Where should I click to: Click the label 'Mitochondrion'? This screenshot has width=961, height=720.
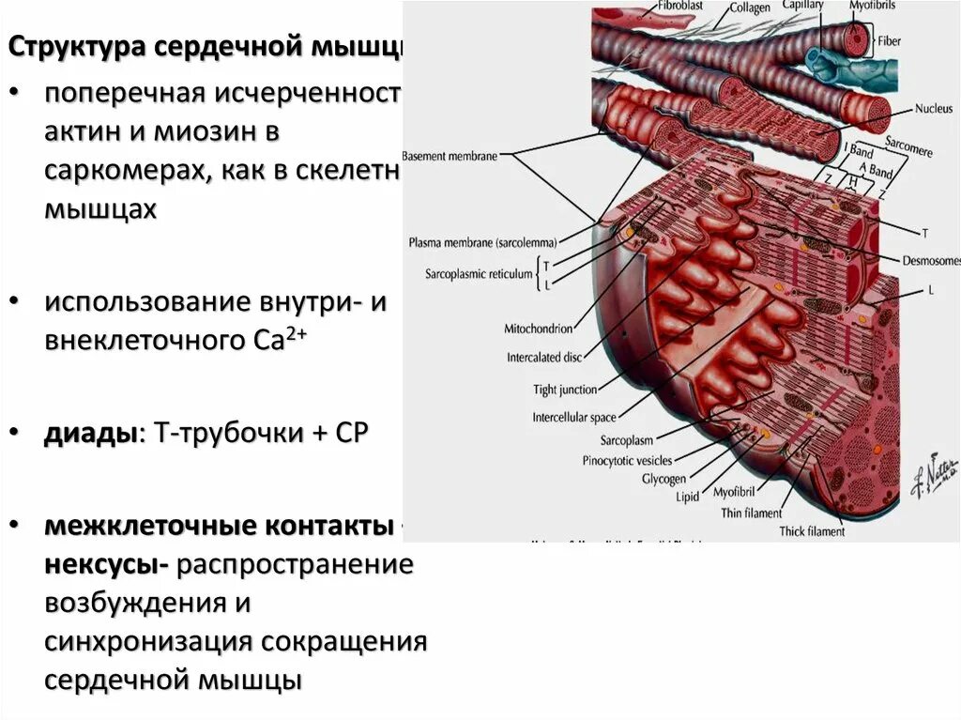pyautogui.click(x=539, y=329)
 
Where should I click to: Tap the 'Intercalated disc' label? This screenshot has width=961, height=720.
pyautogui.click(x=545, y=358)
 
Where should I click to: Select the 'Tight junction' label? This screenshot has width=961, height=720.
pyautogui.click(x=564, y=390)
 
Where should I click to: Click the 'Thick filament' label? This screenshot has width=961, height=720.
pyautogui.click(x=812, y=531)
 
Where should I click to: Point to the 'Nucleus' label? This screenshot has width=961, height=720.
pyautogui.click(x=933, y=108)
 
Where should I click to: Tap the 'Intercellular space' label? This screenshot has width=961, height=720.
pyautogui.click(x=575, y=417)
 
